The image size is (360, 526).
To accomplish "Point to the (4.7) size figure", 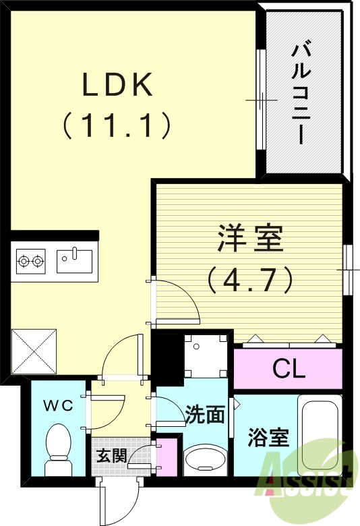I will click(x=250, y=279).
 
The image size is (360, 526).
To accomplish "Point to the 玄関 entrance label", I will click(x=111, y=455).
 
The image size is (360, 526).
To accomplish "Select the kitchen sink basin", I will click(x=74, y=260).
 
